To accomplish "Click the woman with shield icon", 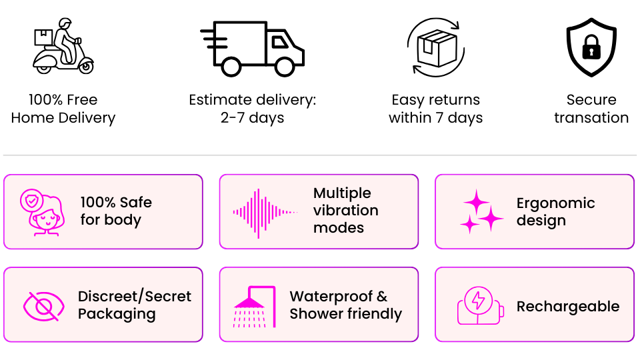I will pyautogui.click(x=42, y=213).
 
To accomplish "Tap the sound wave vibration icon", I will pyautogui.click(x=265, y=213).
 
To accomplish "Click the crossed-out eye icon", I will pyautogui.click(x=44, y=306).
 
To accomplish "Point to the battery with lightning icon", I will pyautogui.click(x=479, y=306).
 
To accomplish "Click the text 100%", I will pyautogui.click(x=98, y=203).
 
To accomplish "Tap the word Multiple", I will pyautogui.click(x=342, y=193).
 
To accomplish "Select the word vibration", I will pyautogui.click(x=345, y=211).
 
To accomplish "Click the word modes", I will pyautogui.click(x=339, y=228).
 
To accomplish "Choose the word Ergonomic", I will pyautogui.click(x=555, y=203).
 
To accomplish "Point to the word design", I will pyautogui.click(x=541, y=221).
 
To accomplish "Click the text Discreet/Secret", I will pyautogui.click(x=135, y=297).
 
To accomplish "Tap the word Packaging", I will pyautogui.click(x=117, y=314).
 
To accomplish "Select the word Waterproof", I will pyautogui.click(x=329, y=297).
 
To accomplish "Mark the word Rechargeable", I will pyautogui.click(x=568, y=307).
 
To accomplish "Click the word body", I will pyautogui.click(x=123, y=220).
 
